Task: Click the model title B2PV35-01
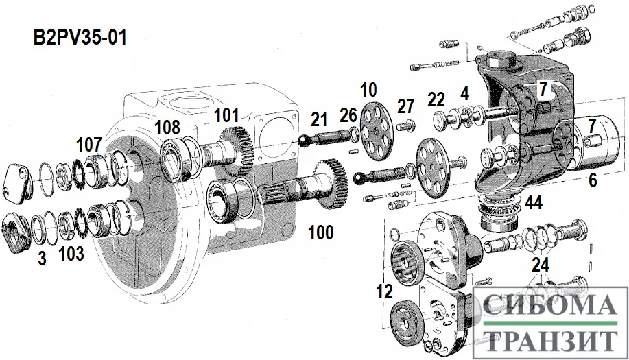click(80, 37)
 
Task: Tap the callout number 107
click(90, 145)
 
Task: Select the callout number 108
click(167, 128)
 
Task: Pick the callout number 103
click(71, 254)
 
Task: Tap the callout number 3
click(43, 259)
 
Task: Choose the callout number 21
click(319, 120)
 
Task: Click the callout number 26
click(349, 115)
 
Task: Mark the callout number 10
click(368, 89)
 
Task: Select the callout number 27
click(407, 106)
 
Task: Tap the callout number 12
click(384, 291)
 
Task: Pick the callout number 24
click(541, 265)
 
